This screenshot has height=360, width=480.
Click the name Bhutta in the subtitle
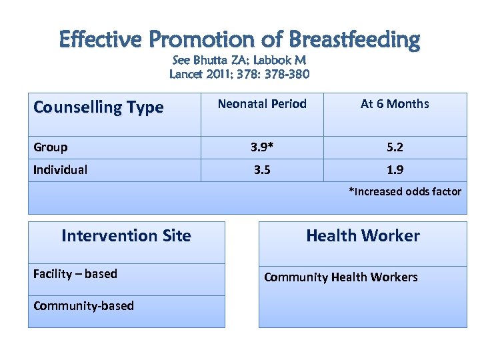[x=213, y=61]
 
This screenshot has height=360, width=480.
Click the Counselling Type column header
[x=98, y=107]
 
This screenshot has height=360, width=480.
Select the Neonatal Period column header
[x=262, y=104]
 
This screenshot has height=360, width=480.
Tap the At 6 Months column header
[x=395, y=104]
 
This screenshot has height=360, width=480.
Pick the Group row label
[x=50, y=147]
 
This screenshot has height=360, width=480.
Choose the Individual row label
[x=60, y=170]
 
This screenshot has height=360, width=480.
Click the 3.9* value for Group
[x=262, y=147]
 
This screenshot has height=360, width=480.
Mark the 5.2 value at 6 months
[x=395, y=147]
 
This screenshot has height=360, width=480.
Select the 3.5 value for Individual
[x=262, y=170]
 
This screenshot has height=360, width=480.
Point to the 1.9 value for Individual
[x=395, y=170]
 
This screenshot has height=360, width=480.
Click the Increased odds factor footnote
[x=405, y=192]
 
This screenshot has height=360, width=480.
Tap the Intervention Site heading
[x=126, y=236]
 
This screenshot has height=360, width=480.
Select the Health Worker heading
[x=363, y=236]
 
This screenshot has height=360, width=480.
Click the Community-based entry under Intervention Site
[x=83, y=306]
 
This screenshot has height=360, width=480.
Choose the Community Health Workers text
[x=341, y=277]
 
